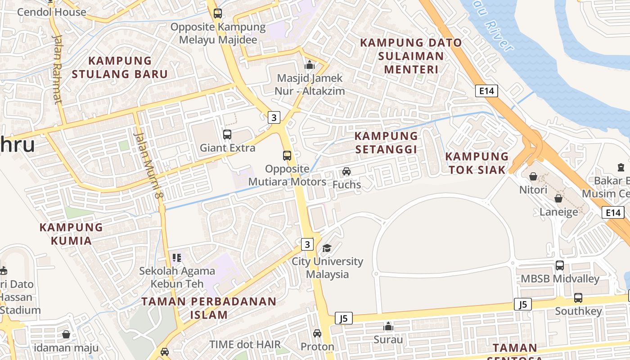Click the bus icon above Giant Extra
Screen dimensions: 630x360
(x=227, y=134)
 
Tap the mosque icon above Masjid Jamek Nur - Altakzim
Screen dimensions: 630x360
(x=309, y=65)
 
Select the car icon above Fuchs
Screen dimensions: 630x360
(x=346, y=171)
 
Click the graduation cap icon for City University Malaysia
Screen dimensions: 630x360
(x=327, y=248)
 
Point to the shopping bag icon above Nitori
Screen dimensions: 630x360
(x=533, y=176)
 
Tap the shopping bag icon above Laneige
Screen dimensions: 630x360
(x=558, y=198)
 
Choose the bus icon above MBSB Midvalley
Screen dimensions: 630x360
(x=560, y=265)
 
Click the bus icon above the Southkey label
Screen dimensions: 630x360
(x=578, y=297)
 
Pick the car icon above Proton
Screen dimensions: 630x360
(x=317, y=333)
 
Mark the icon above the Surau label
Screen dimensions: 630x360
(x=388, y=326)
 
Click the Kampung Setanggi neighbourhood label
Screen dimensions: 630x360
(x=386, y=142)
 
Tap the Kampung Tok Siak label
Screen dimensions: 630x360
(x=477, y=163)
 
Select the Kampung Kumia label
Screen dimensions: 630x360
(x=71, y=234)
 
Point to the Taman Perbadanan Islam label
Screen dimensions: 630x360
(x=209, y=308)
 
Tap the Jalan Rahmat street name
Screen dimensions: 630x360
(x=57, y=69)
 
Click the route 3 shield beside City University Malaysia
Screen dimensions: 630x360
(x=307, y=244)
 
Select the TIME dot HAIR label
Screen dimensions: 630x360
(x=245, y=345)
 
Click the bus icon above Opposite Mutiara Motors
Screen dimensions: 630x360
(x=287, y=156)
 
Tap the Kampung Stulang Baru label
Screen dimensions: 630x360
(x=120, y=67)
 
